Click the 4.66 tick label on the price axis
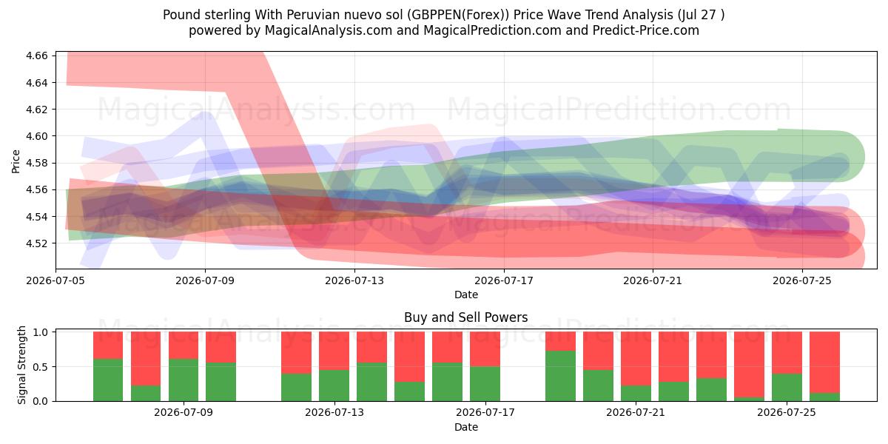[36, 55]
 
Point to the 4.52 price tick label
[36, 243]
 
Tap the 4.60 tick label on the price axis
[36, 136]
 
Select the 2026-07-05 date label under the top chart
[55, 280]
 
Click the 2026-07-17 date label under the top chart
[504, 280]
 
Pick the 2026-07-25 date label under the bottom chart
[787, 412]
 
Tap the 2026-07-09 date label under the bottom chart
[184, 412]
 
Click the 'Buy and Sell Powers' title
[465, 317]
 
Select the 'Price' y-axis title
[16, 161]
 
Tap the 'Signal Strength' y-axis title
[21, 365]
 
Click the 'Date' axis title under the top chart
[466, 295]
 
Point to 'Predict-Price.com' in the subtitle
[646, 30]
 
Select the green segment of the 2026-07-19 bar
[561, 376]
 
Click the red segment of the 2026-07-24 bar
[749, 365]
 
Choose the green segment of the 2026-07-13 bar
[334, 386]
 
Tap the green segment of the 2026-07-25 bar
[787, 387]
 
